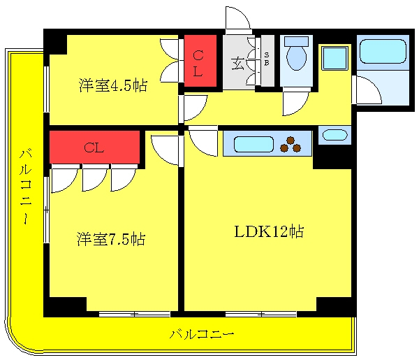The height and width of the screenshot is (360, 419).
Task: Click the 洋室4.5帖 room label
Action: tap(112, 85)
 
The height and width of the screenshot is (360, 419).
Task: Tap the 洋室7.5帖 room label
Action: tap(111, 239)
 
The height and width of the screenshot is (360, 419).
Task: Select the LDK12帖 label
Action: tap(269, 231)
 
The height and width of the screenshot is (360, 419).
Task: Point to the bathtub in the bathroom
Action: tap(383, 51)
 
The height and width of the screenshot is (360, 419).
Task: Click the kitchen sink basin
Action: tap(253, 144)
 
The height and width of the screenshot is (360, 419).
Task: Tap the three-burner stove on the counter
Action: tap(291, 145)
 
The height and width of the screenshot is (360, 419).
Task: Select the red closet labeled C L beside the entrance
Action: tap(200, 61)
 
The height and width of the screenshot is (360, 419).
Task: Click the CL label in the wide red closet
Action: tap(94, 147)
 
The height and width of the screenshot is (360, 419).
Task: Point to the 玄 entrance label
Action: tap(238, 64)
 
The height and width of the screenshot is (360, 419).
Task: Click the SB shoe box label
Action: tap(267, 59)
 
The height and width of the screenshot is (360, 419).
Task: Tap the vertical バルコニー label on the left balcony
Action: tap(27, 187)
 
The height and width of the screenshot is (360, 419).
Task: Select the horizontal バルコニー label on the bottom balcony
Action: tap(202, 334)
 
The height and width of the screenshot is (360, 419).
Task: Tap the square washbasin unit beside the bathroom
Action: tap(335, 58)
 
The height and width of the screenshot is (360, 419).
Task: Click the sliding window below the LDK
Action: tap(261, 314)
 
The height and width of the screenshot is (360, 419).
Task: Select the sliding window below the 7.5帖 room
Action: tap(134, 314)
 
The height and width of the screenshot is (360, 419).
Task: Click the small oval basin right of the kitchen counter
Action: tap(335, 136)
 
